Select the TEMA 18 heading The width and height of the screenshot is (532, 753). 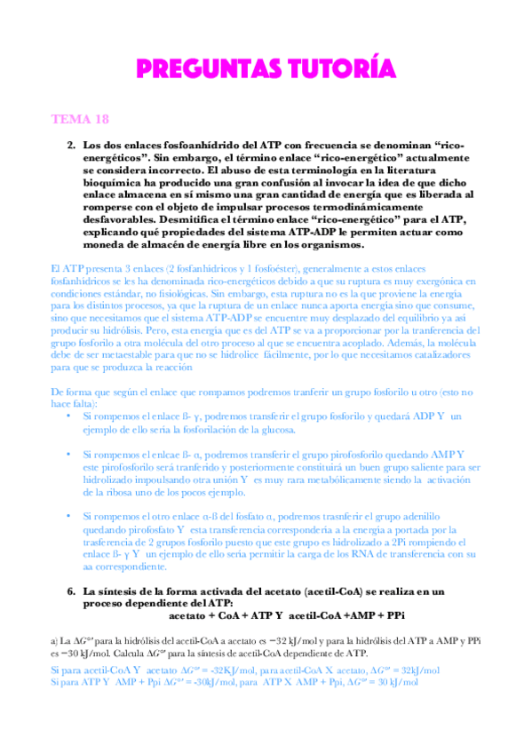pos(80,118)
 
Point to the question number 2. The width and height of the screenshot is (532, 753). pos(71,144)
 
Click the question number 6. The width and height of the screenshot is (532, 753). pos(71,590)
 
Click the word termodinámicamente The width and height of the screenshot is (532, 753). pos(366,206)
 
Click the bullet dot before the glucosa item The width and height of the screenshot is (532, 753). pos(71,416)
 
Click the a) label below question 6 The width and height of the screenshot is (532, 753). pos(55,639)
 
